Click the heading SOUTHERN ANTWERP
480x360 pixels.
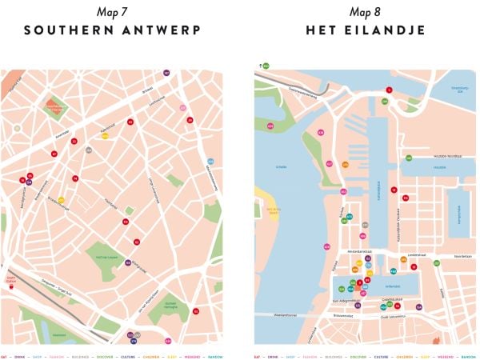pos(111,30)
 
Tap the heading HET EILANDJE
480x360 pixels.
pos(366,30)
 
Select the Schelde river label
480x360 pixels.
pos(281,166)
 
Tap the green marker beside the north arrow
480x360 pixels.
pos(266,65)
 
